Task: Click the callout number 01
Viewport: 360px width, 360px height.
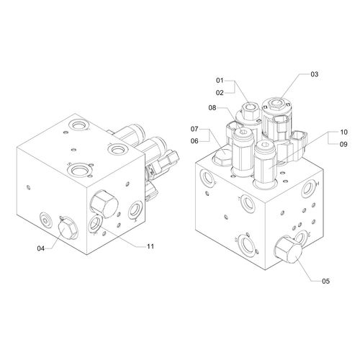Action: [220, 81]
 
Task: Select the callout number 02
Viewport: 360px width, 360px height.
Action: [220, 93]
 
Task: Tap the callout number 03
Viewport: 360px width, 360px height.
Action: [315, 74]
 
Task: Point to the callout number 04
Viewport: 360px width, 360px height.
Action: [41, 248]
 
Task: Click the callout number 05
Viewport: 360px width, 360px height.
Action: [325, 281]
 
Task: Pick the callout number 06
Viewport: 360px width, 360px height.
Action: [194, 141]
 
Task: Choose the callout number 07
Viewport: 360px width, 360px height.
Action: [194, 129]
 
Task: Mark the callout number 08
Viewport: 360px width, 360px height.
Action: [212, 108]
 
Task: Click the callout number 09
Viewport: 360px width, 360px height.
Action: [343, 144]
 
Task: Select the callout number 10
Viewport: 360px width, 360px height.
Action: [343, 132]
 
